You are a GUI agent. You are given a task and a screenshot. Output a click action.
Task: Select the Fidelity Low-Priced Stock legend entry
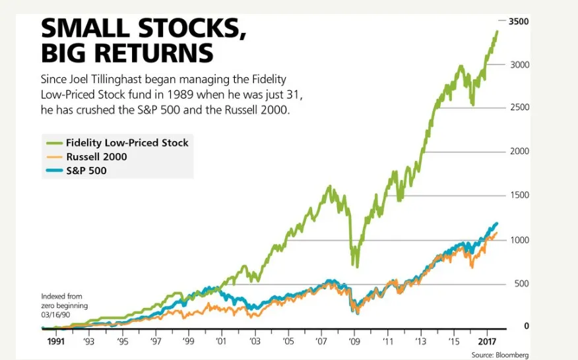coord(127,143)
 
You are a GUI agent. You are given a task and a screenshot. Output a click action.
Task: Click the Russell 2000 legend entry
coord(96,157)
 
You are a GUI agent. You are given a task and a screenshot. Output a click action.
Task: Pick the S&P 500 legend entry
coord(86,171)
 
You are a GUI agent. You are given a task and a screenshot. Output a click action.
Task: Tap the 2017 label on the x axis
coord(487,342)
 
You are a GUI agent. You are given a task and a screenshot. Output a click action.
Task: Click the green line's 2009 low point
coord(356,266)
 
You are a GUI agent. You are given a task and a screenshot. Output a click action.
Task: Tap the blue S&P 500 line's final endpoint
coord(496,224)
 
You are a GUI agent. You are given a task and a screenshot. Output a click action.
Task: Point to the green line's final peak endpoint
coord(497,31)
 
